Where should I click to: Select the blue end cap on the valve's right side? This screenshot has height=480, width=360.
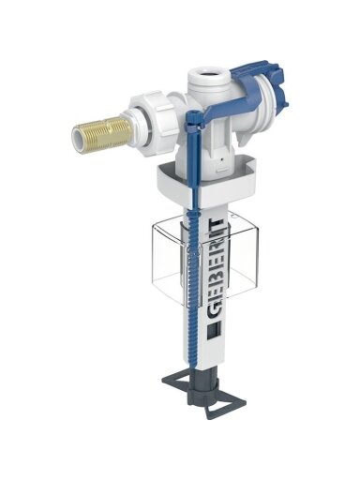click(275, 82)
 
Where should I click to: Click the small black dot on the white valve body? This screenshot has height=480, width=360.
click(221, 159)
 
